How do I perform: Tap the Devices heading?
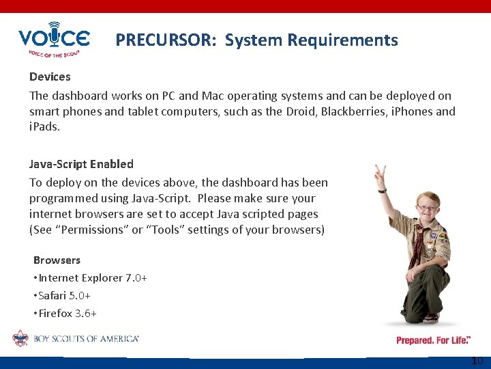pyautogui.click(x=50, y=77)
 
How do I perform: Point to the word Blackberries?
pyautogui.click(x=357, y=111)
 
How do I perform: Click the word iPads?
pyautogui.click(x=44, y=127)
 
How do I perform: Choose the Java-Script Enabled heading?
pyautogui.click(x=81, y=164)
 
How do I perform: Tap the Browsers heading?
pyautogui.click(x=57, y=260)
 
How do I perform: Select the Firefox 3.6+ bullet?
pyautogui.click(x=67, y=314)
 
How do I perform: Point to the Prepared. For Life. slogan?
pyautogui.click(x=432, y=340)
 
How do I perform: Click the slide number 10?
pyautogui.click(x=477, y=361)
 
